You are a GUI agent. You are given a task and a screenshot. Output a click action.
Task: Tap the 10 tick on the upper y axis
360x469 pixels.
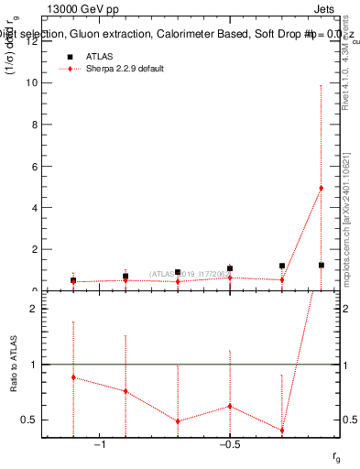point(36,82)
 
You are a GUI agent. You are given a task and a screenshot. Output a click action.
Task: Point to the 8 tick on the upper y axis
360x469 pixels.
point(36,124)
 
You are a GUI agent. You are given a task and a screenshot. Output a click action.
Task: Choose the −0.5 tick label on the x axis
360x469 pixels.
point(230,444)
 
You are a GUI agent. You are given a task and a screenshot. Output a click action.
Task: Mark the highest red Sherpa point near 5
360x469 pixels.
point(321,188)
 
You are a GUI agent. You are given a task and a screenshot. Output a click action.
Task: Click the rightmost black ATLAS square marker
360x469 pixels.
point(321,265)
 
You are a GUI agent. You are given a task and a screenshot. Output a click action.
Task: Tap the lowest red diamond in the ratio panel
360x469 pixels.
point(282,431)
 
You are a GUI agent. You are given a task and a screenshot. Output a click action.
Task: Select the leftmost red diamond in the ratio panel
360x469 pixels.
point(73,377)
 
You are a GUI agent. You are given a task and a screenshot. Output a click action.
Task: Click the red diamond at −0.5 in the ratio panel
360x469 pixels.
point(230,406)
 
